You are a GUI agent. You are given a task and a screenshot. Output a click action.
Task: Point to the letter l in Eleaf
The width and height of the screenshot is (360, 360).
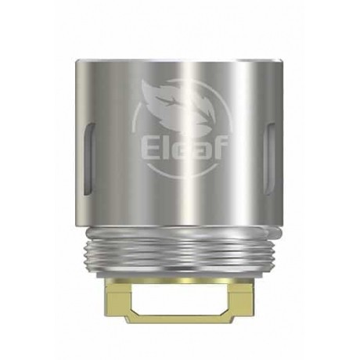click(x=167, y=146)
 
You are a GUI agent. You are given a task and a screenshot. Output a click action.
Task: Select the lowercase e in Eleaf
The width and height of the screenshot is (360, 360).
click(x=178, y=148)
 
